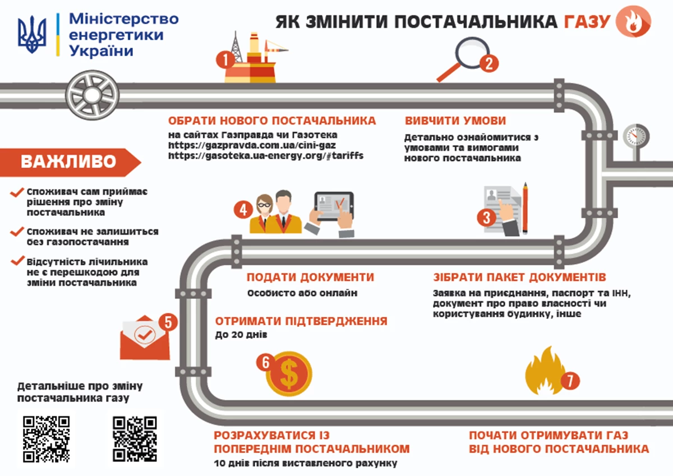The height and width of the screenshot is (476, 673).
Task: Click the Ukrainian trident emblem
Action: point(31,35)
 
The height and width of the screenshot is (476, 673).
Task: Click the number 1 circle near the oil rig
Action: point(225,59)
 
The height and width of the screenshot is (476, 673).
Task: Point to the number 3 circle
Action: point(486,218)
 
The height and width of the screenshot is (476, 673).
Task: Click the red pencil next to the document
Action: point(526,207)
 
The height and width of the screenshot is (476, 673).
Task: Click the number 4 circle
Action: point(243,210)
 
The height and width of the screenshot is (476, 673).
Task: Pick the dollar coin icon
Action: point(289,373)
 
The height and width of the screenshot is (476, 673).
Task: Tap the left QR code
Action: point(46,438)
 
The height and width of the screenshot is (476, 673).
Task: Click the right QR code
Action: point(135,438)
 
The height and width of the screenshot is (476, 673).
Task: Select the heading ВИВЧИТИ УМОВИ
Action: point(455,121)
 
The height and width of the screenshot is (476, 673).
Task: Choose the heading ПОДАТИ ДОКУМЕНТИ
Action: point(310,278)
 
